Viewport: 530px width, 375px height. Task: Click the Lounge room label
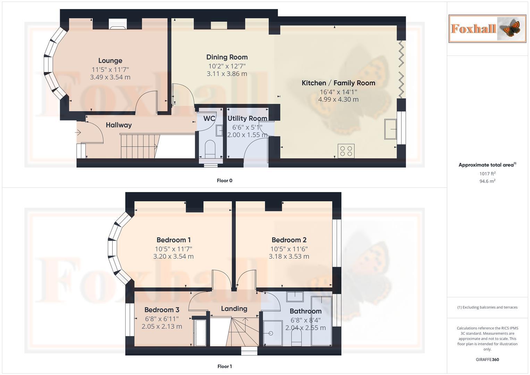point(110,61)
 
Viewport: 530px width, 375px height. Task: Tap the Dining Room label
point(227,57)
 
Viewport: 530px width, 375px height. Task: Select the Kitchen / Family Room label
point(338,83)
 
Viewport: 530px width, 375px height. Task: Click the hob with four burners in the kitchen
point(346,151)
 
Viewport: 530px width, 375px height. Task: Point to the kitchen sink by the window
point(390,129)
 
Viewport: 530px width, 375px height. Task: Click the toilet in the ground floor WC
point(210,147)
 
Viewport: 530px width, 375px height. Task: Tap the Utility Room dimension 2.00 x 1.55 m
point(247,135)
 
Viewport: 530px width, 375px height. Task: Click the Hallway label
point(119,125)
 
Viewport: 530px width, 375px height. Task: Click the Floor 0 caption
point(225,181)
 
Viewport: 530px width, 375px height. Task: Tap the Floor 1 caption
point(225,366)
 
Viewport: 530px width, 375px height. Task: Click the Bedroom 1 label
point(173,240)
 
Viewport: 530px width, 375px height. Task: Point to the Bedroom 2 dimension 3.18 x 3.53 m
point(289,257)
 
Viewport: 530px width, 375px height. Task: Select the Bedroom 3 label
point(162,310)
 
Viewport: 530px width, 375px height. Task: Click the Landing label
point(234,309)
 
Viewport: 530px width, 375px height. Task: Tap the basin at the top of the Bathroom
point(295,297)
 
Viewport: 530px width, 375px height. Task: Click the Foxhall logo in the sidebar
point(487,28)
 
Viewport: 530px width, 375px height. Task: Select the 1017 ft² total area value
point(487,174)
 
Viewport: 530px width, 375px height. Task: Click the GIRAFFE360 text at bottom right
point(487,359)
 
